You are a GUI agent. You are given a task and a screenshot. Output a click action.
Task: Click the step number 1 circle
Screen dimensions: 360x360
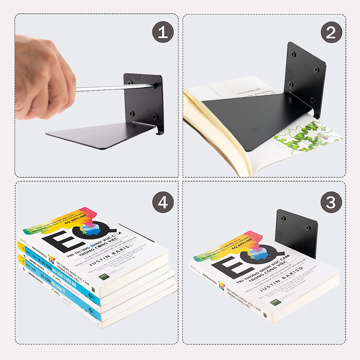coord(163,32)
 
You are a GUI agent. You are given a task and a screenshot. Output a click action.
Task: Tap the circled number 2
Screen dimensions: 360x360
coord(331,32)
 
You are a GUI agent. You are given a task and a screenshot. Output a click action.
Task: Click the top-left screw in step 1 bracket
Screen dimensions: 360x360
coord(130,82)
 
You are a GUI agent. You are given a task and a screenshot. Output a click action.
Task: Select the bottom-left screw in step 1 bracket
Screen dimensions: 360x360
coord(131,113)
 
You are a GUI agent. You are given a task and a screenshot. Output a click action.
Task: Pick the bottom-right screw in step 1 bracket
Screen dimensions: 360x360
coord(154,116)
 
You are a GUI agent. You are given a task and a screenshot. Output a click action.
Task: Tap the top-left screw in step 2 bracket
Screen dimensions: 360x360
coord(294,54)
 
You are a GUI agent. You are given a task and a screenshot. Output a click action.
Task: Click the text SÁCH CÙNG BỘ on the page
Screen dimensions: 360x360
coord(249,91)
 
